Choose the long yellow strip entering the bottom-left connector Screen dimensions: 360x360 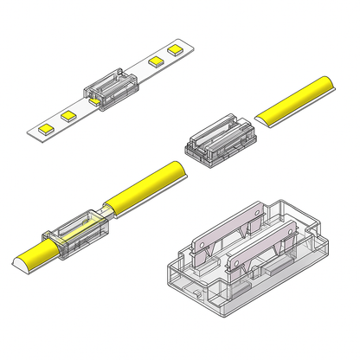[146, 183]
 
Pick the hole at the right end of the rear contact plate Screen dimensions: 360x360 [260, 208]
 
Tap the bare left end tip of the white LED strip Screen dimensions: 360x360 [30, 132]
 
